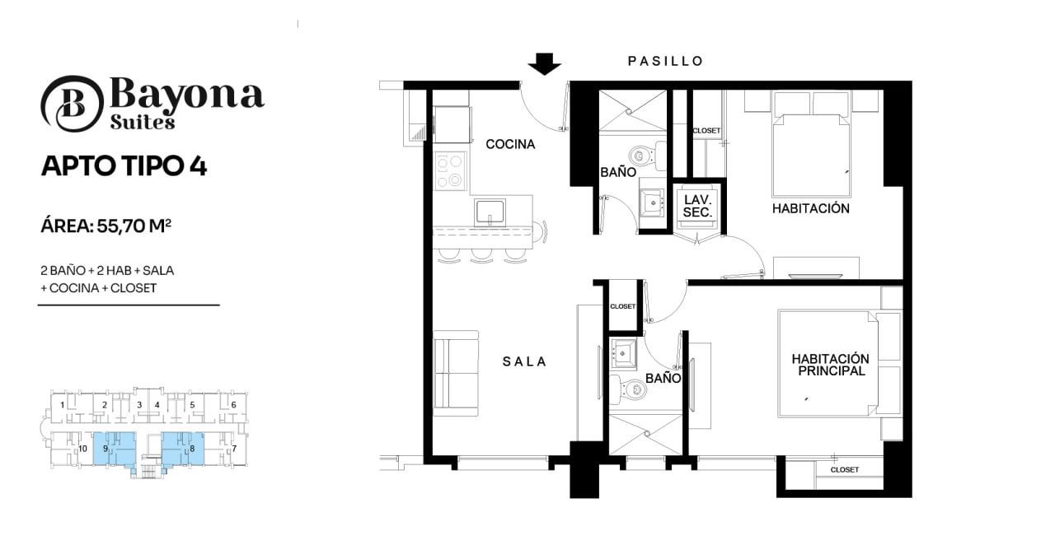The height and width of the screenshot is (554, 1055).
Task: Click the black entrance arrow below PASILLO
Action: pyautogui.click(x=544, y=64)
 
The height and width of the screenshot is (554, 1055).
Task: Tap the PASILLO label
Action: pyautogui.click(x=665, y=61)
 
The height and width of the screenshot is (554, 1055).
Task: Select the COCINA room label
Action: pyautogui.click(x=510, y=144)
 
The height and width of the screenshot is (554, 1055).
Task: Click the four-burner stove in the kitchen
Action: pyautogui.click(x=450, y=170)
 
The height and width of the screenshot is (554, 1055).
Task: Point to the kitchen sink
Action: pyautogui.click(x=490, y=212)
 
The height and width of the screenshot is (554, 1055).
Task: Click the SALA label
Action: pyautogui.click(x=524, y=361)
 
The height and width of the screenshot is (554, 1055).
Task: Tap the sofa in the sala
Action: pyautogui.click(x=456, y=374)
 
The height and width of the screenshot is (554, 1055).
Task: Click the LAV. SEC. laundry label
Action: pyautogui.click(x=697, y=206)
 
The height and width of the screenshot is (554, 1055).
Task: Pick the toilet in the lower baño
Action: pyautogui.click(x=628, y=389)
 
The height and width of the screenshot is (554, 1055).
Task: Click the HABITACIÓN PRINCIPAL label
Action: pyautogui.click(x=831, y=365)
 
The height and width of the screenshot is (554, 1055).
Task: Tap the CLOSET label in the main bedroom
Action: pyautogui.click(x=845, y=470)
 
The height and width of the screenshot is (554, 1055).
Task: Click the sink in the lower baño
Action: pyautogui.click(x=623, y=352)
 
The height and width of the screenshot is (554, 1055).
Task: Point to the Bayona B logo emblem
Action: pyautogui.click(x=72, y=104)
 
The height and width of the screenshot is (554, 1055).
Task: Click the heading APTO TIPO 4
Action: pyautogui.click(x=124, y=166)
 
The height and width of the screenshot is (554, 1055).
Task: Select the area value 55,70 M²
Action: pyautogui.click(x=134, y=226)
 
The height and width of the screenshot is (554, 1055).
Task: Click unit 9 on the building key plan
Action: pyautogui.click(x=115, y=449)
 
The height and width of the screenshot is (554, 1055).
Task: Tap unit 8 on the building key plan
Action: pyautogui.click(x=183, y=448)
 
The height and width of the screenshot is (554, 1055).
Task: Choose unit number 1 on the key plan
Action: pyautogui.click(x=62, y=404)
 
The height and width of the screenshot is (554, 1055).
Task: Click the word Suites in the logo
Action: pyautogui.click(x=143, y=122)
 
